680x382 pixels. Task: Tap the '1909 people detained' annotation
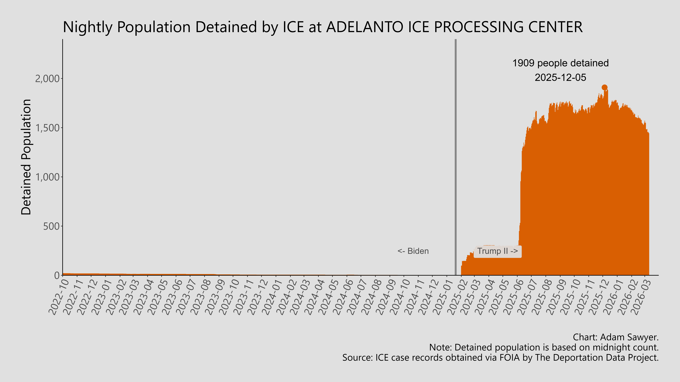click(560, 63)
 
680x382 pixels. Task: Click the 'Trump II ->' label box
click(498, 251)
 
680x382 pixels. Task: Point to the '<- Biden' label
click(413, 251)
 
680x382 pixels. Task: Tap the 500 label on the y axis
click(51, 226)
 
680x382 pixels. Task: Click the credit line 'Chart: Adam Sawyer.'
click(616, 337)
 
